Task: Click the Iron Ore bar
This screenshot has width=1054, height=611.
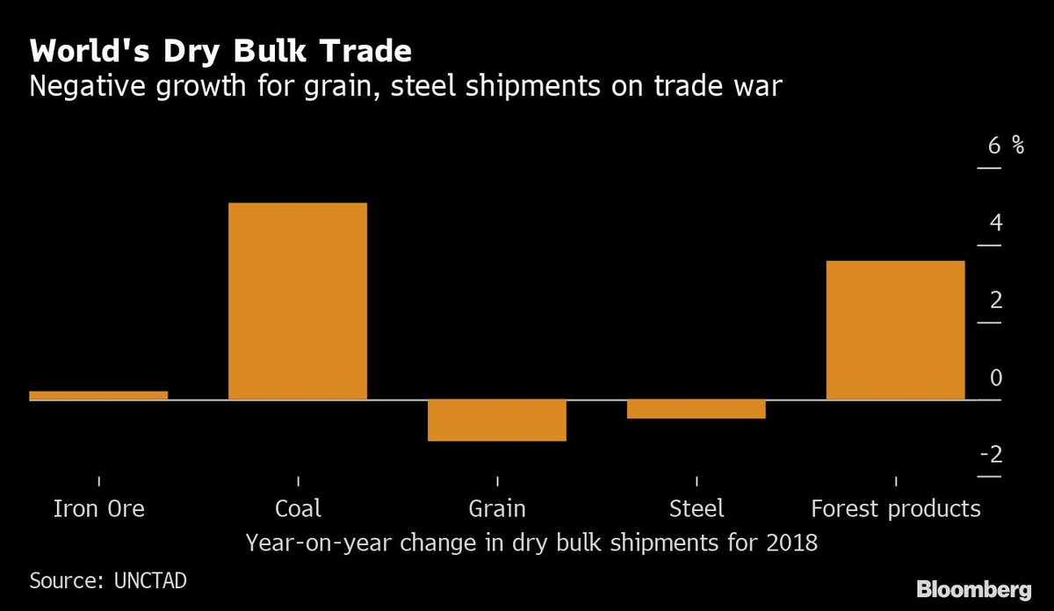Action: click(x=98, y=395)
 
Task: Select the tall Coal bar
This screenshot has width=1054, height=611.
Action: click(x=298, y=301)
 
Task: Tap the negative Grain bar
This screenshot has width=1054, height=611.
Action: click(x=497, y=421)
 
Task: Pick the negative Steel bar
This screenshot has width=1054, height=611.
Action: click(x=696, y=409)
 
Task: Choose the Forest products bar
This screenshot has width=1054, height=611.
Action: click(x=895, y=330)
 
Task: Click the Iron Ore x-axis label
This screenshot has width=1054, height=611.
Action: click(x=99, y=508)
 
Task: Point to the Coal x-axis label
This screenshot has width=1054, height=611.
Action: click(x=298, y=508)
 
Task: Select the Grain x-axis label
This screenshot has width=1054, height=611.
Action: click(x=497, y=508)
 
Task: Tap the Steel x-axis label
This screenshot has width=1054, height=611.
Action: click(x=697, y=508)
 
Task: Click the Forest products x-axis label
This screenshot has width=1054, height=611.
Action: click(x=895, y=508)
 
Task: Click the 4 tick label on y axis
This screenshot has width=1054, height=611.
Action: click(x=995, y=223)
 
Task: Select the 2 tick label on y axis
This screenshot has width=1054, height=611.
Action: click(x=995, y=300)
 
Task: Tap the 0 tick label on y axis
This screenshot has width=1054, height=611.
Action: click(x=995, y=377)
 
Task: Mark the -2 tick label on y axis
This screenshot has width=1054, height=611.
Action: click(x=991, y=455)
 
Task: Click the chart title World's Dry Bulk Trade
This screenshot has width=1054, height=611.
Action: click(x=220, y=52)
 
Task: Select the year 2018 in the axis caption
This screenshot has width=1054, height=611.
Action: click(x=791, y=543)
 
